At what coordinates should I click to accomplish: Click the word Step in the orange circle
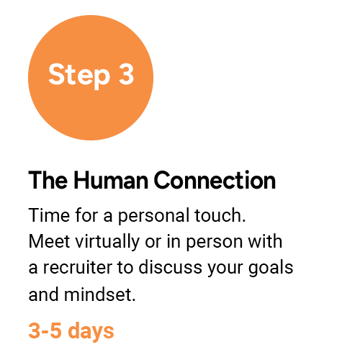[79, 75]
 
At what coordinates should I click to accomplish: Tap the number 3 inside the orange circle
[126, 74]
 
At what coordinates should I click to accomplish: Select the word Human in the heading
[111, 180]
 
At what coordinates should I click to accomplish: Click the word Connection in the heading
[215, 180]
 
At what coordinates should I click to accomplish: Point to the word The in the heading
[48, 180]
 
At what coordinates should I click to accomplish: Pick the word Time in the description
[49, 215]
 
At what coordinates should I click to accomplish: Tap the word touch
[220, 215]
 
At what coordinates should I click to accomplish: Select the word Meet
[49, 241]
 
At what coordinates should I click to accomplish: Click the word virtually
[107, 242]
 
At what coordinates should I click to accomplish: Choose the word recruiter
[78, 268]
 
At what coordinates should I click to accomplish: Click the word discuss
[170, 267]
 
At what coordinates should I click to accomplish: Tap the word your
[225, 269]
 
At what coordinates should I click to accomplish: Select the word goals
[271, 269]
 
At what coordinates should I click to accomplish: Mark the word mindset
[100, 294]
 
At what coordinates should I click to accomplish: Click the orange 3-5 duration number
[45, 330]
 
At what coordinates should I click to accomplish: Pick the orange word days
[91, 332]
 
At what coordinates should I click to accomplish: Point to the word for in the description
[86, 215]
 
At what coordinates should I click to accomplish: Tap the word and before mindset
[43, 294]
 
